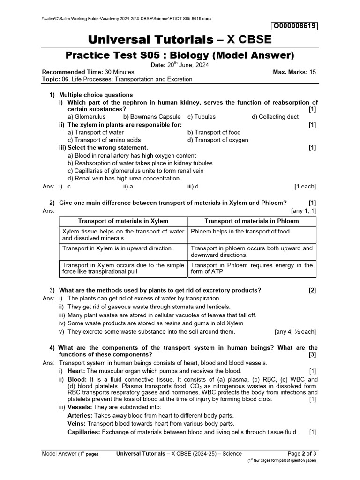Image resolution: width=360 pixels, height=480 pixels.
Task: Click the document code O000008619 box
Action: click(x=294, y=26)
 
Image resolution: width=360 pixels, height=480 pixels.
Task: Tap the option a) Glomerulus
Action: click(x=87, y=117)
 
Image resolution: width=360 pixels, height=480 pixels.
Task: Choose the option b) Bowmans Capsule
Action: click(x=152, y=117)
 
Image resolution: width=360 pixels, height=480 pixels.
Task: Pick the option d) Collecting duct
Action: click(x=275, y=117)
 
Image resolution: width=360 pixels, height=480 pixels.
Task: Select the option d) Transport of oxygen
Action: click(x=218, y=140)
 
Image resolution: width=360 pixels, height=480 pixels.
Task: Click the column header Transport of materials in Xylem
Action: click(x=123, y=221)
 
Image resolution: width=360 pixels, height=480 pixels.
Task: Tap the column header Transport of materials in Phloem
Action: click(x=252, y=221)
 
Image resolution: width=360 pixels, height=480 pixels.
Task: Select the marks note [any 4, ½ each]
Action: click(x=295, y=332)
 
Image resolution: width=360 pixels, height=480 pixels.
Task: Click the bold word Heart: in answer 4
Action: click(x=77, y=371)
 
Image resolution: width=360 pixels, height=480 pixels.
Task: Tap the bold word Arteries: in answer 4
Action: click(x=80, y=416)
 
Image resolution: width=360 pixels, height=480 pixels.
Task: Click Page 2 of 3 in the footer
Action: click(x=302, y=453)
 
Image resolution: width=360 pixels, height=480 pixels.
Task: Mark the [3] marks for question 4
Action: click(x=312, y=355)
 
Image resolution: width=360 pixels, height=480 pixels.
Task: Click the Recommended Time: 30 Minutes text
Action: click(x=88, y=72)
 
